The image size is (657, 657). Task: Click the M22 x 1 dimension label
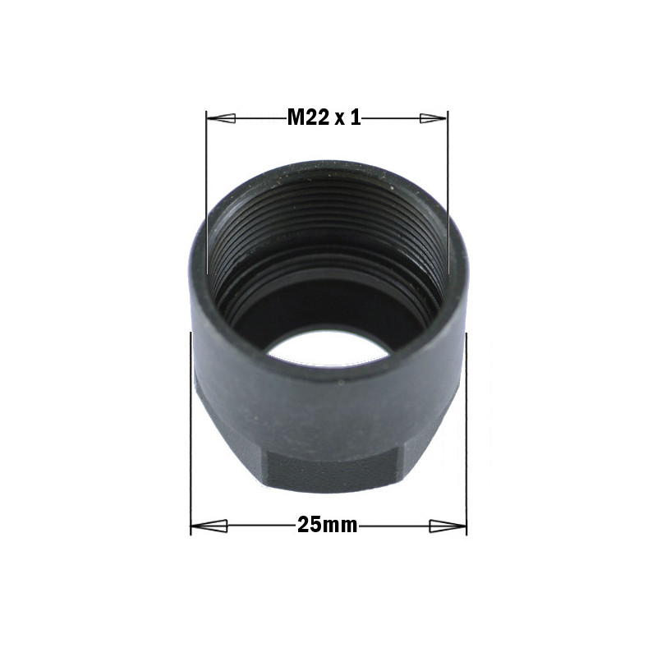coord(324,117)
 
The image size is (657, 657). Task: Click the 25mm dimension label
coord(327,525)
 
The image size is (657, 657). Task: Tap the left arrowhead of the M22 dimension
coord(221,118)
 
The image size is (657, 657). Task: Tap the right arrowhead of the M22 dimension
coord(434,118)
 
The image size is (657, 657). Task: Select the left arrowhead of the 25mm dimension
coord(209,526)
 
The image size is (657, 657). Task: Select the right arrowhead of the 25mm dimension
coord(448,526)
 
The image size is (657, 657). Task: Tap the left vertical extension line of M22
coord(207,192)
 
